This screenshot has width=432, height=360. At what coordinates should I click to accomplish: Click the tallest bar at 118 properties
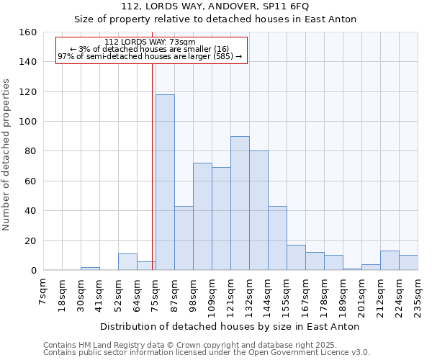(x=165, y=182)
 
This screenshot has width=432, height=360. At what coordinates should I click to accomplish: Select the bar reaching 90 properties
(x=240, y=203)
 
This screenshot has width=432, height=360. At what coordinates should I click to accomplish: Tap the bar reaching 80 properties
(x=258, y=210)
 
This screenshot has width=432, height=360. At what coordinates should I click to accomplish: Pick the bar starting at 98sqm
(x=202, y=217)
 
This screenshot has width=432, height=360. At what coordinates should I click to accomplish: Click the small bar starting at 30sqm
(x=90, y=269)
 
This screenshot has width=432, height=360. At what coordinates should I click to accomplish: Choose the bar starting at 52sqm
(x=127, y=262)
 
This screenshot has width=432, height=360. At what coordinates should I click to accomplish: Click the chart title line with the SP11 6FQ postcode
(x=215, y=6)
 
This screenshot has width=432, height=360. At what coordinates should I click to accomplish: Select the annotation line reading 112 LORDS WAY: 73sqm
(x=150, y=42)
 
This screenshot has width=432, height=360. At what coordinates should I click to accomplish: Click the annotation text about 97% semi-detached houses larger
(x=150, y=56)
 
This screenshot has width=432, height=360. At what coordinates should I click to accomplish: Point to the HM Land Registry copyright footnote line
(x=205, y=345)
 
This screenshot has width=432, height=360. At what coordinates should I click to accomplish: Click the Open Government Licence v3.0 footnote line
(x=207, y=353)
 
